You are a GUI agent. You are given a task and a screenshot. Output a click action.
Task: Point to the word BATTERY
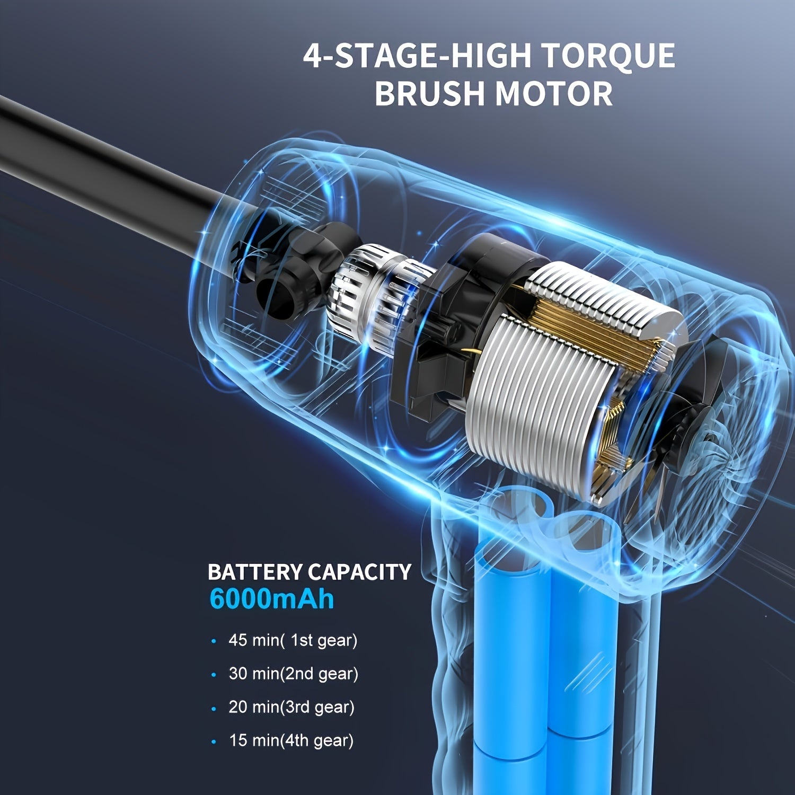coord(255,572)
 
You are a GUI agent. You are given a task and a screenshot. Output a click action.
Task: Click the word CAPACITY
coord(359,572)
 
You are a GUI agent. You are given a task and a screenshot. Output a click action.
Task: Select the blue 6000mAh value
coord(271,599)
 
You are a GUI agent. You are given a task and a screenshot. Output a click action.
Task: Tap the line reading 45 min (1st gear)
coord(293,640)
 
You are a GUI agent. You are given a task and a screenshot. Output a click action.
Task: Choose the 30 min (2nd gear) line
coord(293,674)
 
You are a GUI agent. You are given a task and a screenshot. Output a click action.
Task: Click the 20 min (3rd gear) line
coord(291,707)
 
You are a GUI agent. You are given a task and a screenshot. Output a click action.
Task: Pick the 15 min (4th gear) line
coord(291,740)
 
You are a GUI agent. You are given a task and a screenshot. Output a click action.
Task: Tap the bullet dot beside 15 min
coord(214,742)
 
